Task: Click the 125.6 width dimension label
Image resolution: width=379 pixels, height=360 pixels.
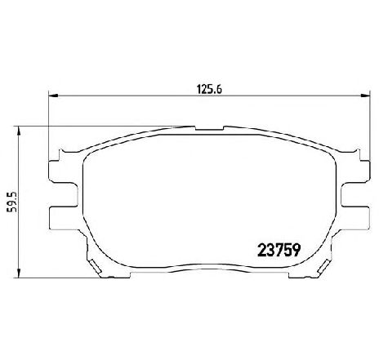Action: click(209, 89)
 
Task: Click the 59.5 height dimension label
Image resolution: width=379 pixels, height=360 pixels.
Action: click(13, 202)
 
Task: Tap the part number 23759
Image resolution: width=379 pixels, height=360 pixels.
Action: click(279, 250)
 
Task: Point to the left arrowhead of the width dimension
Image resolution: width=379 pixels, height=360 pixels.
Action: click(53, 96)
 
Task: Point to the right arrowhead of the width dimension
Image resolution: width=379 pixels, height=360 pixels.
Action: click(365, 96)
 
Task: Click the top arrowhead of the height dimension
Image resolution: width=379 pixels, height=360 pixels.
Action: click(19, 131)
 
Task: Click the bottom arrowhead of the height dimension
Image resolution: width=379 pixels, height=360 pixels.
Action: click(19, 273)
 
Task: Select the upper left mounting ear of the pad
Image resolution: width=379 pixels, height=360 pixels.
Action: click(63, 171)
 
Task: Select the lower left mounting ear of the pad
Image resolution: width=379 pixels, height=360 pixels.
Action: click(63, 218)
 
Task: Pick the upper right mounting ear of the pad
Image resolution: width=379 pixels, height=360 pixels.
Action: click(355, 171)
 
